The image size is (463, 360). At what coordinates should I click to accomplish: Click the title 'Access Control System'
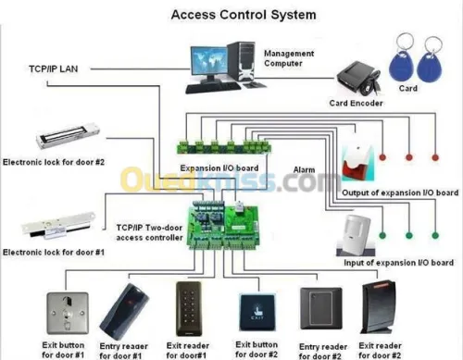244,15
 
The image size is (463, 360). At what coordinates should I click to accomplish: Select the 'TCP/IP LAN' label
53,68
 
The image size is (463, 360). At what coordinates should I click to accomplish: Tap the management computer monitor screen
209,60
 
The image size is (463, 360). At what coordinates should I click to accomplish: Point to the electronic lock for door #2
68,136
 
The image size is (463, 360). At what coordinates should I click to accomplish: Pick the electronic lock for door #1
58,226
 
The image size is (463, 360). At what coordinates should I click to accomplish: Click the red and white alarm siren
358,164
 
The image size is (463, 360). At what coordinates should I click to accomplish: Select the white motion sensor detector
357,235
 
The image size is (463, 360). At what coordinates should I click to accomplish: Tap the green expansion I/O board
224,146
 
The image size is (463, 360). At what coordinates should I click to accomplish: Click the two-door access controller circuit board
223,225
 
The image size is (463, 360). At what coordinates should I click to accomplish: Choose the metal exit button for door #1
68,313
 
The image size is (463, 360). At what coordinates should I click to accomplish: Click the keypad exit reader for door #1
189,308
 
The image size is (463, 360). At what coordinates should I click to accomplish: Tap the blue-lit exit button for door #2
257,312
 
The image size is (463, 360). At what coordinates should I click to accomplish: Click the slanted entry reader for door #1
124,312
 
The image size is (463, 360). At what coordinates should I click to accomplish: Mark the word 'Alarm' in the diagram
304,169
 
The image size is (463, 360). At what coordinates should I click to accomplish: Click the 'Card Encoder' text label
356,103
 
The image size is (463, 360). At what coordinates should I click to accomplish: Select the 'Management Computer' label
289,58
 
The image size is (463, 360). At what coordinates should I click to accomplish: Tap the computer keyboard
213,87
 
